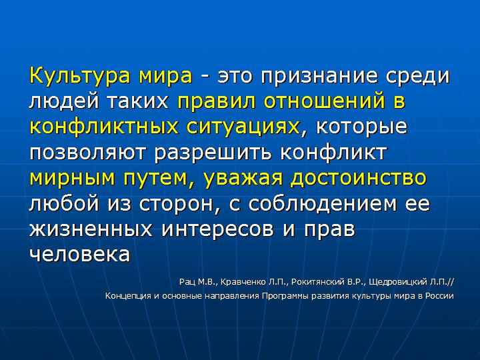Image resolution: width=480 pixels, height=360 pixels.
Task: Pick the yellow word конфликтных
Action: click(104, 125)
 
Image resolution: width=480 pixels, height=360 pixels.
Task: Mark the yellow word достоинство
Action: click(358, 177)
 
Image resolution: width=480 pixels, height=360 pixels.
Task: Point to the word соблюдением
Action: click(322, 203)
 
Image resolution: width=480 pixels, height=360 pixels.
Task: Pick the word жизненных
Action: click(91, 229)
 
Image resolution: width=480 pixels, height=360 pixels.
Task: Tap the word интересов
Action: click(217, 229)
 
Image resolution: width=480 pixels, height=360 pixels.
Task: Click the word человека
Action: click(80, 254)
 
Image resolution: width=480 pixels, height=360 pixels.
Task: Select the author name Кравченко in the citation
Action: click(243, 282)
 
